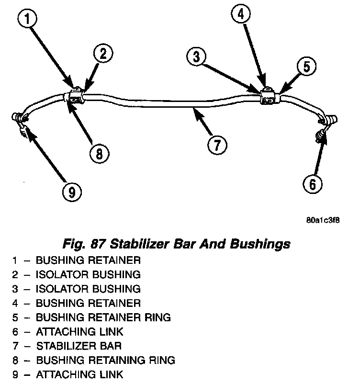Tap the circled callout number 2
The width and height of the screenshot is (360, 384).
[x=103, y=54]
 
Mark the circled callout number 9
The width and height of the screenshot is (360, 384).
[x=71, y=192]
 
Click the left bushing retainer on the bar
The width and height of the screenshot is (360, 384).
[x=76, y=94]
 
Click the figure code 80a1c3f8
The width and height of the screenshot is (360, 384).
[x=323, y=222]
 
